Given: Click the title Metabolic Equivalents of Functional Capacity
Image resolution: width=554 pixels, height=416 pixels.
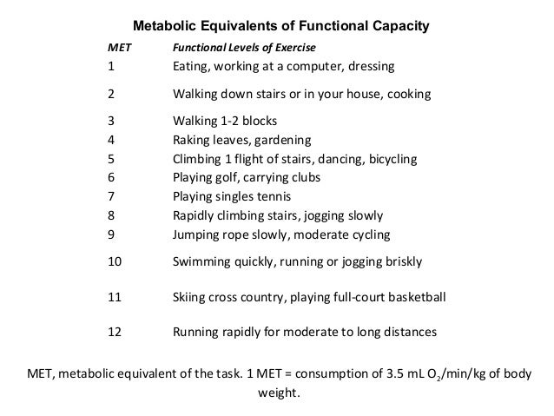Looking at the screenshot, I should point(280,27).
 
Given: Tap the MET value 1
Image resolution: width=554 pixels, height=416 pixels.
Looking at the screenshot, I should point(111,66).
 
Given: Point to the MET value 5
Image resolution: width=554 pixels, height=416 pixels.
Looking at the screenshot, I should point(111,159).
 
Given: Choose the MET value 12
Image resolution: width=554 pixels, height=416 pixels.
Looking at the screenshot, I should point(115,332).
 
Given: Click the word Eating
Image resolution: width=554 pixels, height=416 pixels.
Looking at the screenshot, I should point(194,66).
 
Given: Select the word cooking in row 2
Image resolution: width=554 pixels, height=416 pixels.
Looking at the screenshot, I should point(406,94).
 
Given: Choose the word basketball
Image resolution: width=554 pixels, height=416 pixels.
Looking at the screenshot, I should point(413,297).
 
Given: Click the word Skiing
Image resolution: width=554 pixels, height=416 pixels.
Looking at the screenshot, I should point(191,297).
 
